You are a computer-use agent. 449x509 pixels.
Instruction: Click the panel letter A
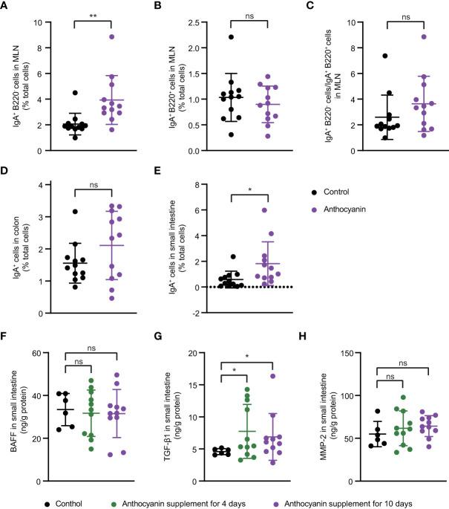pyautogui.click(x=6, y=7)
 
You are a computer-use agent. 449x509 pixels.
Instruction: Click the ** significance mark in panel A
pyautogui.click(x=81, y=15)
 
